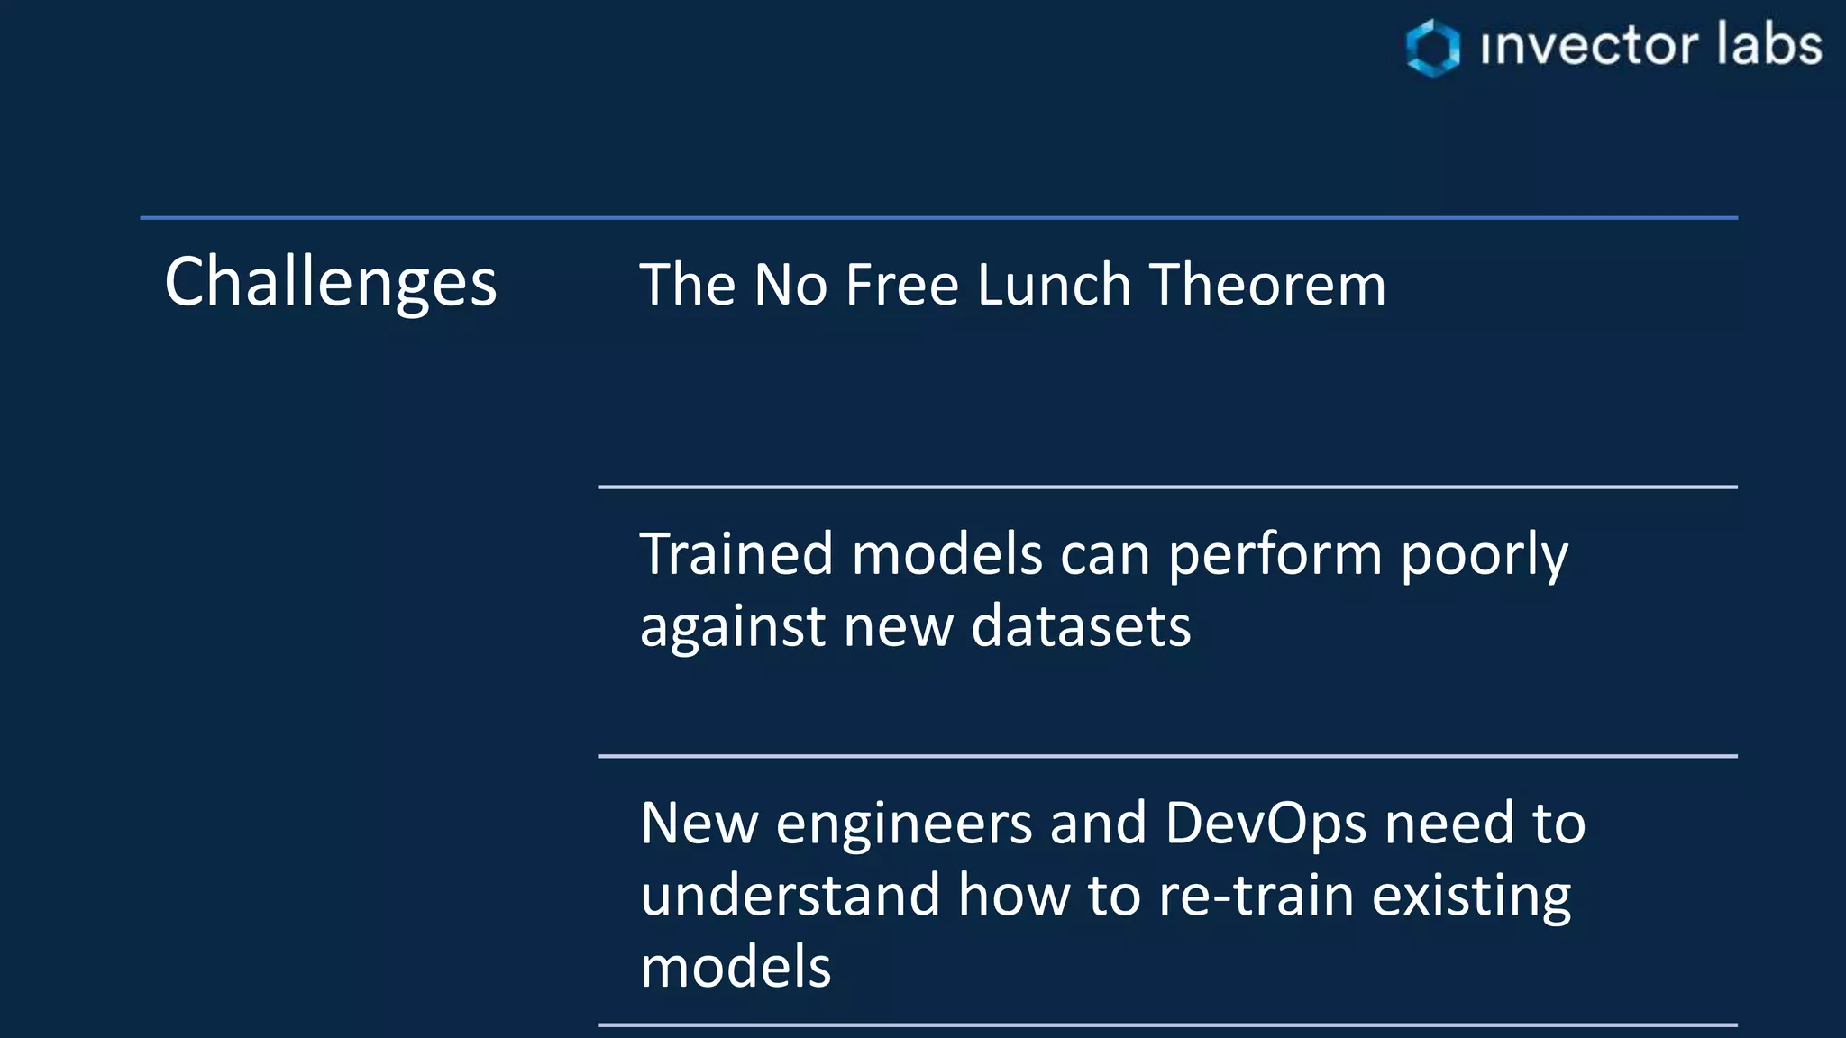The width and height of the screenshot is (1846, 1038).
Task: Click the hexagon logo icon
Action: pos(1432,48)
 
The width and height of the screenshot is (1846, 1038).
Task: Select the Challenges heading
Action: pos(330,282)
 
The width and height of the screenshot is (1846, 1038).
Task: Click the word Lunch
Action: pos(1054,285)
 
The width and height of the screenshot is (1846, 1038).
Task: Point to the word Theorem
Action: pos(1267,285)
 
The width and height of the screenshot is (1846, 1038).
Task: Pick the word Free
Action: pos(902,285)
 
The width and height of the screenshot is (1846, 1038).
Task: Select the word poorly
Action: pos(1485,555)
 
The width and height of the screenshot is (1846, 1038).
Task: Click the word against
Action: pos(733,627)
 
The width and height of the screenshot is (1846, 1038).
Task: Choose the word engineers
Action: pos(904,824)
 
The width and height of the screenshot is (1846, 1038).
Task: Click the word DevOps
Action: pos(1266,824)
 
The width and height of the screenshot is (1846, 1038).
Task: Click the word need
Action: pos(1449,823)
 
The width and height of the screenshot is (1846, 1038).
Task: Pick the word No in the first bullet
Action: pos(790,285)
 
